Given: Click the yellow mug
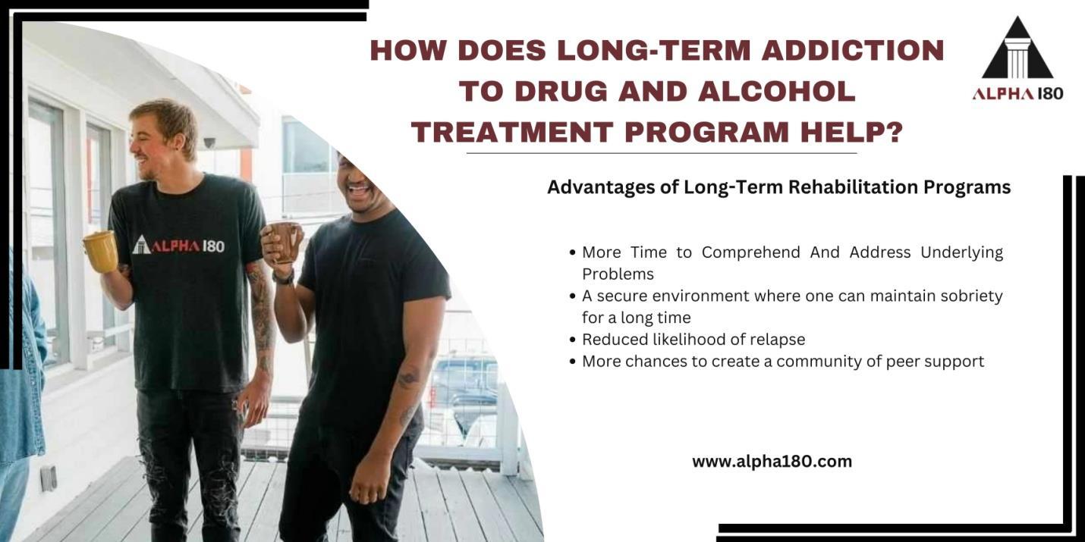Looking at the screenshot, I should [100, 251].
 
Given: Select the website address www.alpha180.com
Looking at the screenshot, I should [772, 461].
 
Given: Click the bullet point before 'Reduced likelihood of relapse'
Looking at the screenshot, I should [572, 340].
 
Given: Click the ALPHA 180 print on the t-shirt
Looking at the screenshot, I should [179, 245].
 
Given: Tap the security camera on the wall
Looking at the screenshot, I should [209, 142].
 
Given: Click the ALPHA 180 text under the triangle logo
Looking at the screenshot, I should [1017, 93].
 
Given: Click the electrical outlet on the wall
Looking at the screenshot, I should [48, 478].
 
